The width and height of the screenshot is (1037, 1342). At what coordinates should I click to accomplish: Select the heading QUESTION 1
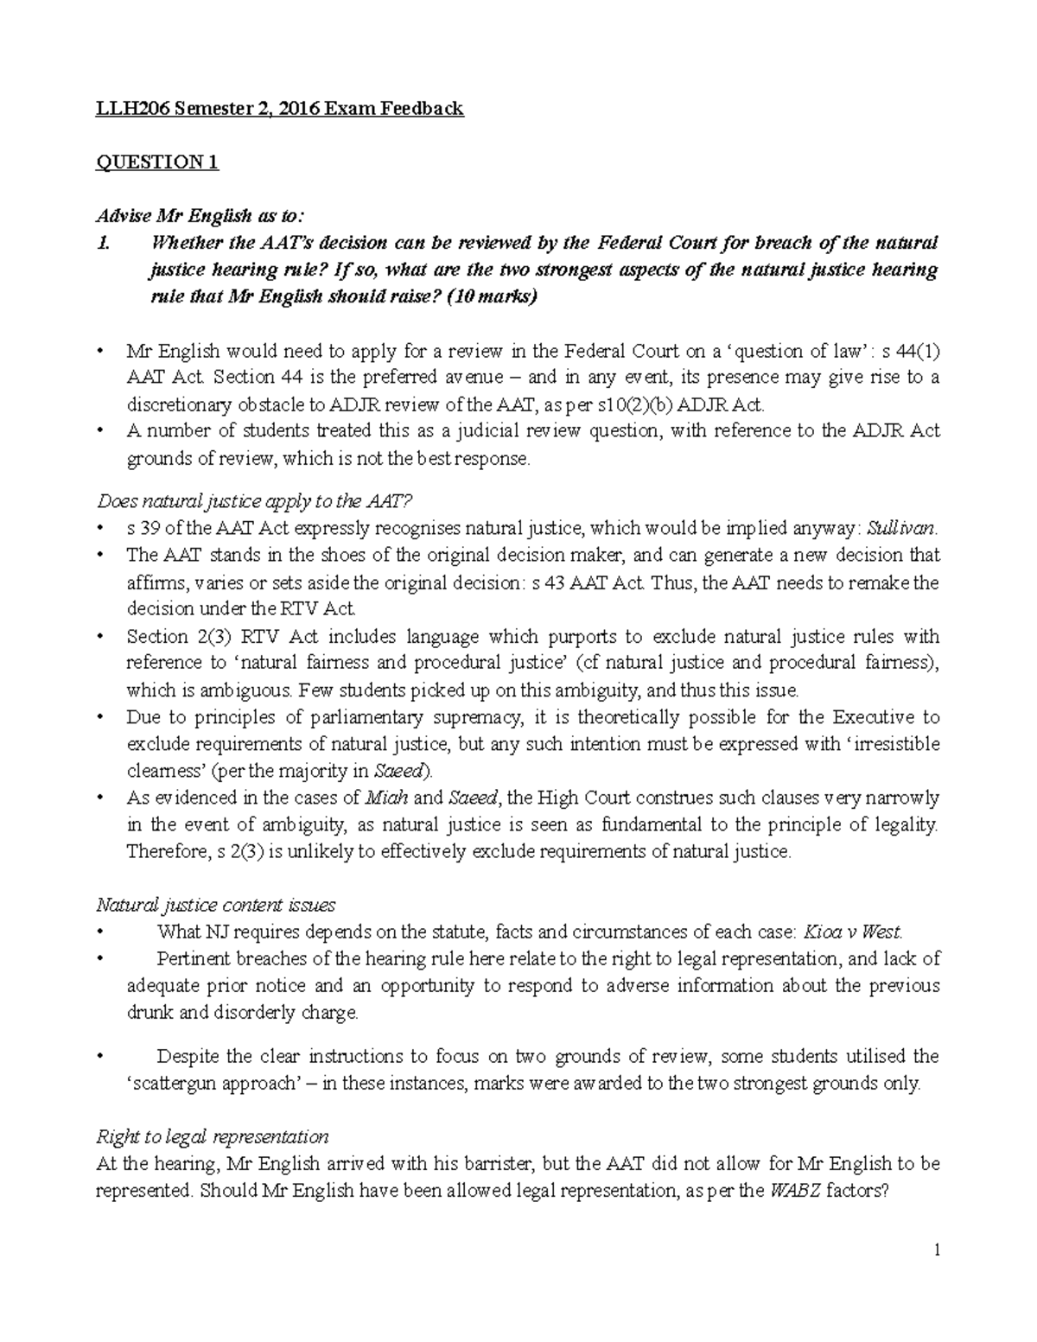coord(157,162)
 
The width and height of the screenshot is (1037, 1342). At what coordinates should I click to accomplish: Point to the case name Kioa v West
coord(853,932)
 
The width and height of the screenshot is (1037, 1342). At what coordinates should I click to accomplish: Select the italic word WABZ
coord(794,1191)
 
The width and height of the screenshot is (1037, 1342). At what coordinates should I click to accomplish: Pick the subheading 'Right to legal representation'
coord(212,1136)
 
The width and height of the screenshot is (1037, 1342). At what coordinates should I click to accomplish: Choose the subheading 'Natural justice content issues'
coord(215,905)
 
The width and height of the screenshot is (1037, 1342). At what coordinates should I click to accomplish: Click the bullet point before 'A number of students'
coord(101,430)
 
